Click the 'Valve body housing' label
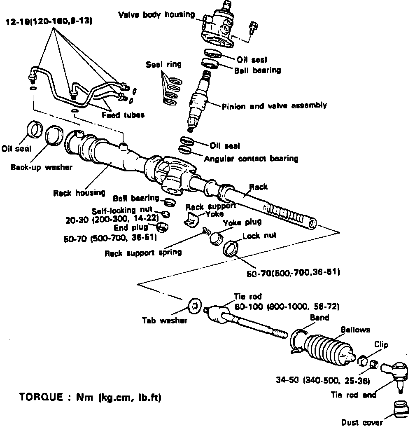tap(156, 15)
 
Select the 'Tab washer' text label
tap(164, 320)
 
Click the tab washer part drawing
tap(194, 306)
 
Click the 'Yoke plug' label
tap(242, 222)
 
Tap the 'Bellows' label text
tap(355, 330)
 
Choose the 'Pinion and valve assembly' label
tap(274, 106)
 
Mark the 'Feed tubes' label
tap(123, 115)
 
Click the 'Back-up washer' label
tap(41, 167)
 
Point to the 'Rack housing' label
tap(79, 192)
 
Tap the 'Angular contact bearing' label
tap(251, 158)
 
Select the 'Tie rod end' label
tap(354, 395)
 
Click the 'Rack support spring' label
tap(143, 252)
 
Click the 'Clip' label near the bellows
tap(381, 344)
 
